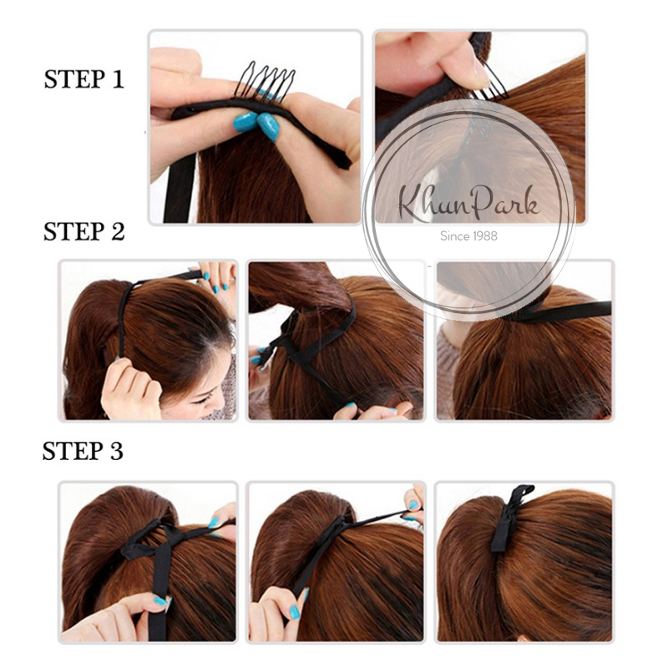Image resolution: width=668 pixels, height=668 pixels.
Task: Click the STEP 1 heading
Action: click(x=84, y=79)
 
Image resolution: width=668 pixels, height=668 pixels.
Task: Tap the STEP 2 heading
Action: click(x=84, y=231)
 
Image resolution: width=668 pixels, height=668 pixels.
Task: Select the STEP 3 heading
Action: click(x=83, y=451)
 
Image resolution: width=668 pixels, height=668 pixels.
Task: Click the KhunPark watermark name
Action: click(x=468, y=204)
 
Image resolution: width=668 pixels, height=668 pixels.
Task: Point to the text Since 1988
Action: click(x=468, y=236)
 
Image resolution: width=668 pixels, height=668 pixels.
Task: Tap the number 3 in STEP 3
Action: click(x=117, y=451)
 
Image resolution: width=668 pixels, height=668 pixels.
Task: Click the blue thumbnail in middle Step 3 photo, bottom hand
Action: click(x=295, y=613)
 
